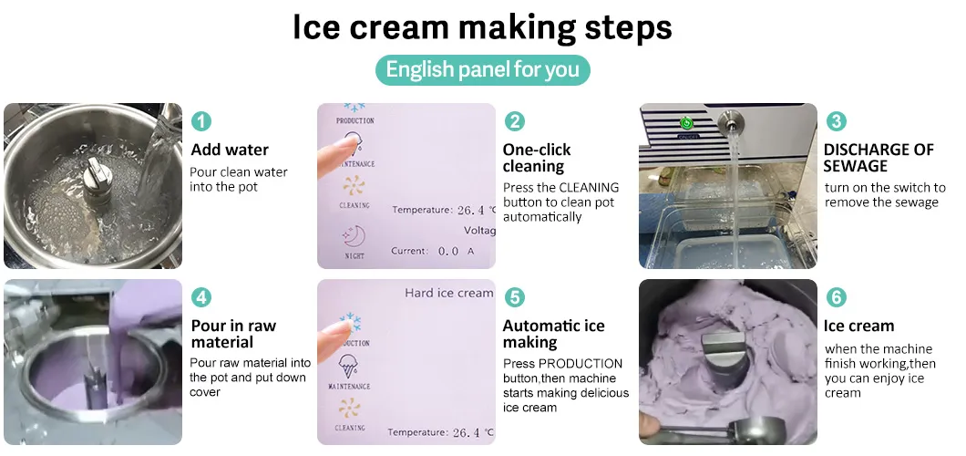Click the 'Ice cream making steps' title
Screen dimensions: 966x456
pyautogui.click(x=482, y=27)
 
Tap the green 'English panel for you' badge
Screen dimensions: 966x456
pyautogui.click(x=482, y=69)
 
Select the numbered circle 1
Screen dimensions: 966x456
pyautogui.click(x=200, y=120)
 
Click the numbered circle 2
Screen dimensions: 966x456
pyautogui.click(x=514, y=120)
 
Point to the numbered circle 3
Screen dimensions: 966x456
pyautogui.click(x=836, y=120)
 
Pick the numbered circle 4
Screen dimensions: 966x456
pyautogui.click(x=200, y=297)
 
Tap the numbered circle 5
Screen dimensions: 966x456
pyautogui.click(x=514, y=297)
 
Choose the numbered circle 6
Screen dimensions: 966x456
pyautogui.click(x=836, y=297)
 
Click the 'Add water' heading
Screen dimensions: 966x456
pyautogui.click(x=230, y=150)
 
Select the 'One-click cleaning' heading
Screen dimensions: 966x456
pyautogui.click(x=537, y=158)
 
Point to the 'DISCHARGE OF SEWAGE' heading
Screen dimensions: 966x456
pyautogui.click(x=879, y=158)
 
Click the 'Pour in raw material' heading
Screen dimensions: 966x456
pyautogui.click(x=233, y=334)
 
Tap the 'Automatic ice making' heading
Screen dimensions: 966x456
pyautogui.click(x=554, y=334)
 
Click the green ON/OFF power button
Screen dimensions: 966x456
pyautogui.click(x=685, y=124)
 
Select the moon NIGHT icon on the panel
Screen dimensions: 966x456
pyautogui.click(x=354, y=236)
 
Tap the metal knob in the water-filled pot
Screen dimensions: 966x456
pyautogui.click(x=98, y=180)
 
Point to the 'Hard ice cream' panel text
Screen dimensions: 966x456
pyautogui.click(x=448, y=294)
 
